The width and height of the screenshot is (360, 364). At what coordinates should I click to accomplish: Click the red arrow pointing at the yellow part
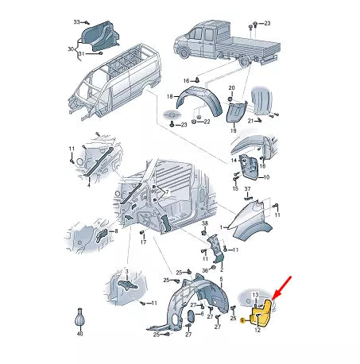(x=281, y=288)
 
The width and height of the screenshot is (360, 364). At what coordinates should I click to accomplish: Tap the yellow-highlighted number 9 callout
(x=242, y=321)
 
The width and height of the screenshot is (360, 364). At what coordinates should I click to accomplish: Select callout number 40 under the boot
(x=79, y=334)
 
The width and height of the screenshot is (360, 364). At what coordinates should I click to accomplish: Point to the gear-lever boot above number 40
(x=79, y=319)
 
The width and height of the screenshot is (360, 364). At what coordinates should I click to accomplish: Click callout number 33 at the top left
(x=76, y=22)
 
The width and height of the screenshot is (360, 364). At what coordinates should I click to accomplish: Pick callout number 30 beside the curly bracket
(x=71, y=49)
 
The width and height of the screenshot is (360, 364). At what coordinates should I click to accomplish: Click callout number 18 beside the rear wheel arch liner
(x=170, y=96)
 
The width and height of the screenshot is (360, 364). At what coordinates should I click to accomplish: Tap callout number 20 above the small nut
(x=231, y=88)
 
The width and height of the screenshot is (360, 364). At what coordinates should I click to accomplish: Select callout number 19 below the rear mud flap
(x=233, y=130)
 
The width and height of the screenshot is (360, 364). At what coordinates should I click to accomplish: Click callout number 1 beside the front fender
(x=221, y=227)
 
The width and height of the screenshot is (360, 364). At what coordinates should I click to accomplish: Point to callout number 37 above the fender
(x=247, y=189)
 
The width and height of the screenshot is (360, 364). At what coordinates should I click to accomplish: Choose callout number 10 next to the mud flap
(x=266, y=177)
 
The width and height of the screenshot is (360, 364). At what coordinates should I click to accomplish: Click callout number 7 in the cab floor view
(x=167, y=192)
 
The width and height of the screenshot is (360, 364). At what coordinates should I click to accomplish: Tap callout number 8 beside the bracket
(x=116, y=231)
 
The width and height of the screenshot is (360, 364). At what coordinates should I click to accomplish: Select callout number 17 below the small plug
(x=143, y=242)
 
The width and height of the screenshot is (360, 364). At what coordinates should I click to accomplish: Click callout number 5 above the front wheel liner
(x=221, y=279)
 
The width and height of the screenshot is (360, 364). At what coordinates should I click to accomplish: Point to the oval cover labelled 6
(x=191, y=316)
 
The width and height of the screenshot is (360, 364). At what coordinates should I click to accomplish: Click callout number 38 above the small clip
(x=205, y=223)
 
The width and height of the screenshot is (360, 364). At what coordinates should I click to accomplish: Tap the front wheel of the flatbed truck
(x=184, y=52)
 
